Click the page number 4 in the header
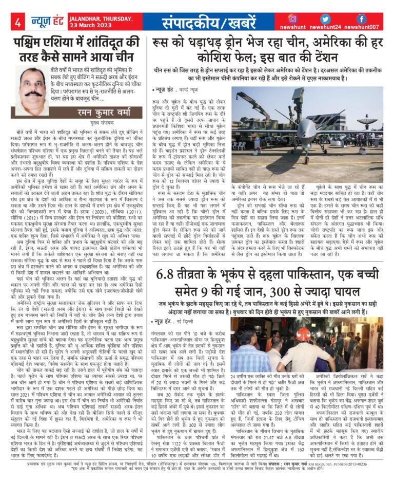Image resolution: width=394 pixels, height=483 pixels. click(17, 22)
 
